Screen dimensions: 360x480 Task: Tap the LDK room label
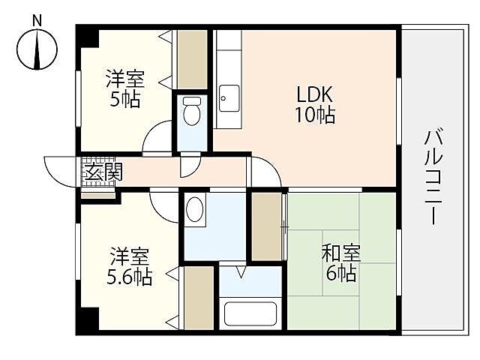(314, 96)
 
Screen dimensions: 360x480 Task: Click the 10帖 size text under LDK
(314, 115)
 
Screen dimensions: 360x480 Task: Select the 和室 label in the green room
(341, 253)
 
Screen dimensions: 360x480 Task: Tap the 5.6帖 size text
(129, 277)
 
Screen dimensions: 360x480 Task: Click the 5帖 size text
(124, 99)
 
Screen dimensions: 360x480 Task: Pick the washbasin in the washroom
(196, 209)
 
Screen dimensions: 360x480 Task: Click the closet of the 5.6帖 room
(199, 298)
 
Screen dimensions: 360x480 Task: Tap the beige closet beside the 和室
(266, 225)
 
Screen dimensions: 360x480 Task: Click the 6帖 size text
(341, 273)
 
